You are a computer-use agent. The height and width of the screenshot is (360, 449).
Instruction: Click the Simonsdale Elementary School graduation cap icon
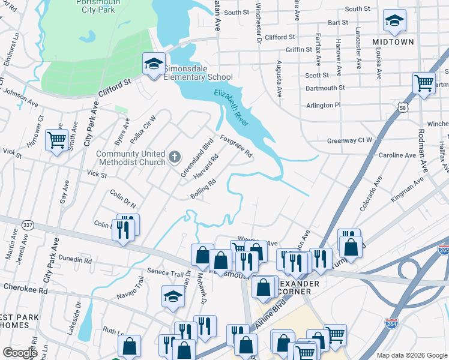click(153, 64)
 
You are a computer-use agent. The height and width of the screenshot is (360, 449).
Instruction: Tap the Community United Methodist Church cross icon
click(175, 157)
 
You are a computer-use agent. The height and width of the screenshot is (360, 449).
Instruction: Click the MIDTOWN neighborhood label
click(393, 42)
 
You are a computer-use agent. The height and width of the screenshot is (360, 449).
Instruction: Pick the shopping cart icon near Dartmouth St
click(424, 83)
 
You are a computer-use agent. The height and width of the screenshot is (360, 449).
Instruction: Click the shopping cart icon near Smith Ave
click(56, 140)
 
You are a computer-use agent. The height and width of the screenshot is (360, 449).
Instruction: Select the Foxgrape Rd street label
click(236, 145)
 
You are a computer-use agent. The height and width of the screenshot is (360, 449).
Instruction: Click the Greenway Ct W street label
click(349, 141)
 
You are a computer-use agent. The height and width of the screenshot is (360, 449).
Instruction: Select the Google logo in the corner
click(20, 353)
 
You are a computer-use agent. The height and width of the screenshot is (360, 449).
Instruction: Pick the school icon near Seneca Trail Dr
click(173, 296)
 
